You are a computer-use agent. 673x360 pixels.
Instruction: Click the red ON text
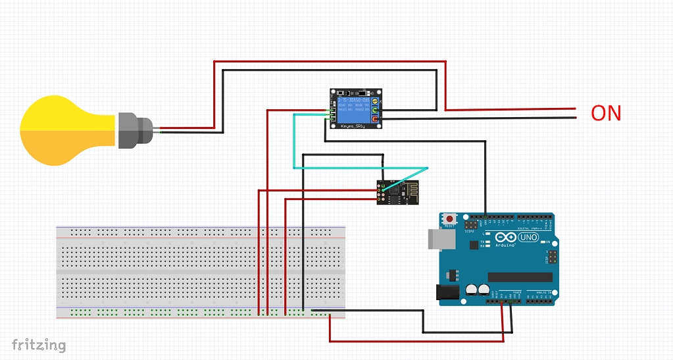coord(605,113)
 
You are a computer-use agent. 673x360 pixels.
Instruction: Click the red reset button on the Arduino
coord(450,219)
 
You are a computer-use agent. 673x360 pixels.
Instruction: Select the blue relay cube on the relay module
coord(353,106)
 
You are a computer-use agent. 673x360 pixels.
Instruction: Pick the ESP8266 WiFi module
coord(397,192)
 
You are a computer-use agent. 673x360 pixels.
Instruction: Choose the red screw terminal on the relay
coord(376,120)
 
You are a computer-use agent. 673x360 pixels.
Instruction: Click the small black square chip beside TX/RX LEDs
coord(474,245)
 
